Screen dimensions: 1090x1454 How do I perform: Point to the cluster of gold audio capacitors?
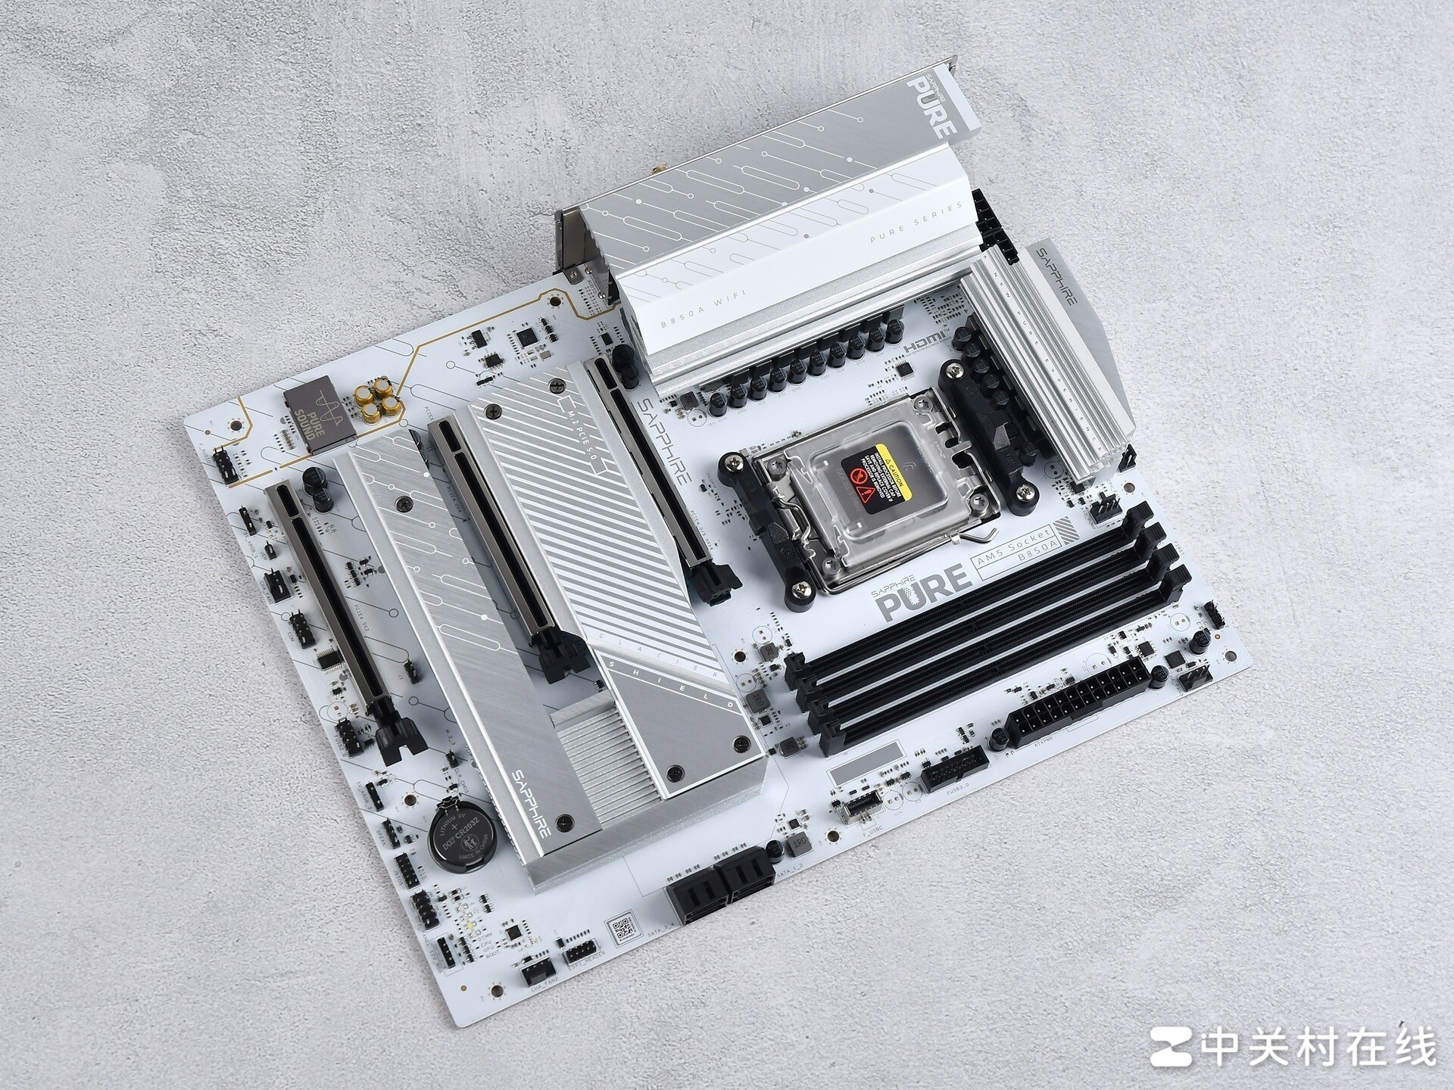pos(376,400)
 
